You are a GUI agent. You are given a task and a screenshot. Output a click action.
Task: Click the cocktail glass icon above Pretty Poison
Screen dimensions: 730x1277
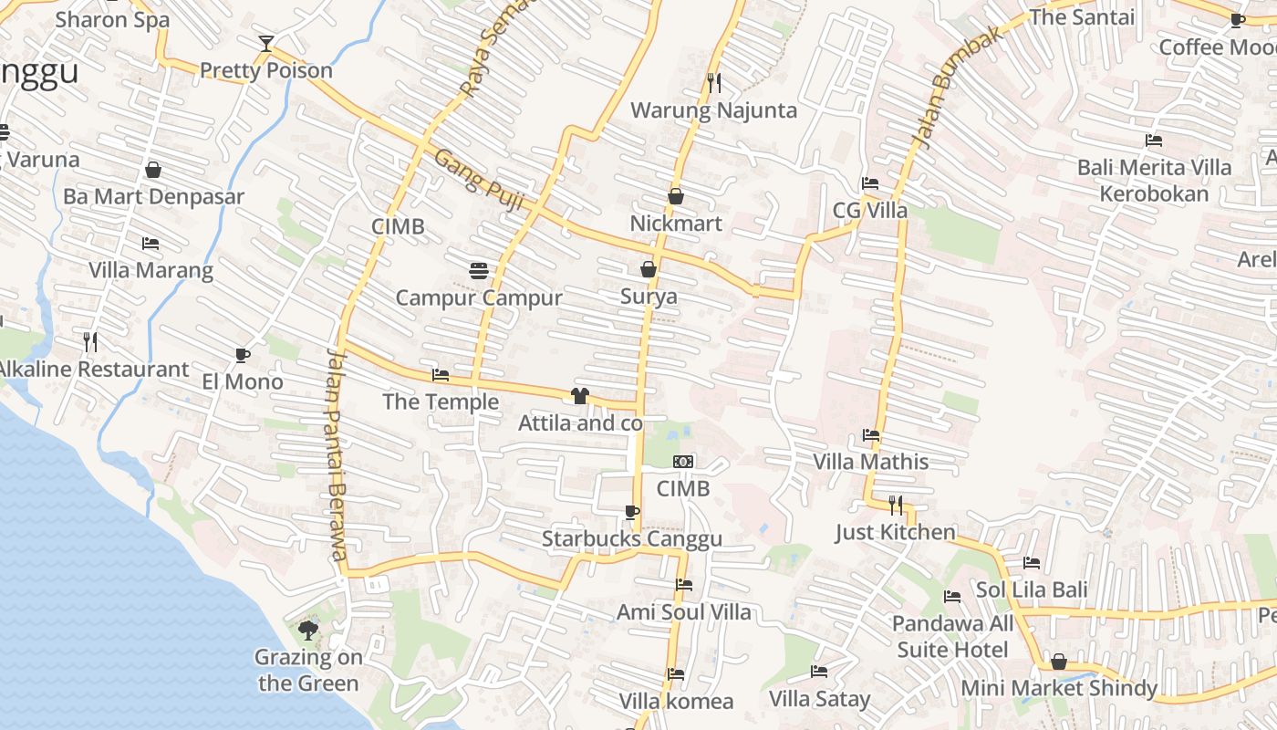tap(265, 43)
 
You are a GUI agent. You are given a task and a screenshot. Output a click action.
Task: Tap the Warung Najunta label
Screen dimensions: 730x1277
tap(714, 110)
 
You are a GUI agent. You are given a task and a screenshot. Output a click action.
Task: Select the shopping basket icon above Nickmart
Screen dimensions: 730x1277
tap(676, 196)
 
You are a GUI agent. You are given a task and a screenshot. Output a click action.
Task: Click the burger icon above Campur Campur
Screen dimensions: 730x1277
tap(479, 270)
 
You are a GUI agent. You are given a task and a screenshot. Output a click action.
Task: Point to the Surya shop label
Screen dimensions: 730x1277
tap(649, 297)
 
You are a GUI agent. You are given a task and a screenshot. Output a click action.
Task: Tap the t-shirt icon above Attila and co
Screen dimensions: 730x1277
tap(579, 395)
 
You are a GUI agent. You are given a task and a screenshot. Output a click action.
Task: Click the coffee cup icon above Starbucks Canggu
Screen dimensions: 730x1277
tap(632, 512)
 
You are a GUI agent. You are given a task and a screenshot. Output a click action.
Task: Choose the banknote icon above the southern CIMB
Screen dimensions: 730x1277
tap(683, 462)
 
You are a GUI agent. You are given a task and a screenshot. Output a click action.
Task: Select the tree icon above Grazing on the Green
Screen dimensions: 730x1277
tap(308, 630)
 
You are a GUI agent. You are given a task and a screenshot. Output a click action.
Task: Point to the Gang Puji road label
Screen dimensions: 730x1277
tap(478, 180)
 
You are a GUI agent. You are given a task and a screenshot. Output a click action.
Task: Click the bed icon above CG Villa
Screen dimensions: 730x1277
tap(870, 183)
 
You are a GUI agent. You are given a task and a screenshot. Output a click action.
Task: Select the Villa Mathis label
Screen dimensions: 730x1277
tap(870, 462)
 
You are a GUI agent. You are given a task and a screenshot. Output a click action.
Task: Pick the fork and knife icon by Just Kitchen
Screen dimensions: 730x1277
tap(896, 505)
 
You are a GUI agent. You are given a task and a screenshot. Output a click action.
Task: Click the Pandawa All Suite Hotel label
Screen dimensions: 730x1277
tap(952, 637)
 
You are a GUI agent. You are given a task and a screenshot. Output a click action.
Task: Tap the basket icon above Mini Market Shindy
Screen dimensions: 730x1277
tap(1059, 662)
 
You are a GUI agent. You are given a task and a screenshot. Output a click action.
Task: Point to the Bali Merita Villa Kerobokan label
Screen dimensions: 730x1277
tap(1154, 181)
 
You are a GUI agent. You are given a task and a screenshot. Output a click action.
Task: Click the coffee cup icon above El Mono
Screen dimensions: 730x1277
tap(243, 355)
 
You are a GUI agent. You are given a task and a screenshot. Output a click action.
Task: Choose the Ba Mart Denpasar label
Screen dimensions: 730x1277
tap(153, 197)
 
